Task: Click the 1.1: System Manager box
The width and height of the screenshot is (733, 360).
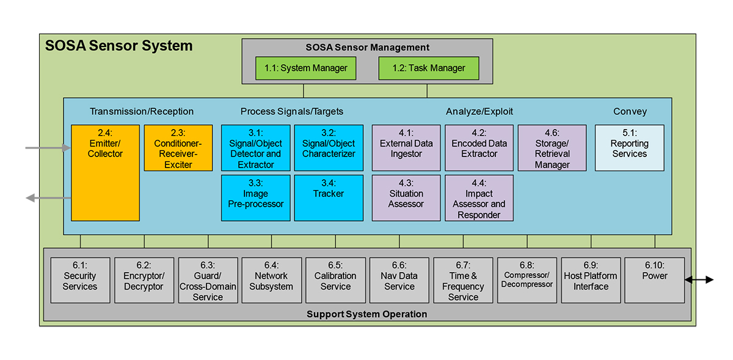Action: [305, 68]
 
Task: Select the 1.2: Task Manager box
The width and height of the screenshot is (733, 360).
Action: [428, 68]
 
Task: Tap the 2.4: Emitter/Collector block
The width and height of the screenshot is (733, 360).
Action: [106, 172]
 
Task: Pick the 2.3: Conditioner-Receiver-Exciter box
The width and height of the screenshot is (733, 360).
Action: [178, 148]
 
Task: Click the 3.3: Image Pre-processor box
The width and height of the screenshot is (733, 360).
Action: [255, 197]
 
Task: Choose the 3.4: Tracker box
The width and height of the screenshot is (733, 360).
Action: [329, 197]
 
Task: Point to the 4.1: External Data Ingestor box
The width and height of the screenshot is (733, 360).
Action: [406, 148]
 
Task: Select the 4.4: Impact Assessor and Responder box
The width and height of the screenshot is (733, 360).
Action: [479, 197]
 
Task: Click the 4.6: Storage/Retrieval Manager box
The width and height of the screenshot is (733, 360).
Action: [552, 148]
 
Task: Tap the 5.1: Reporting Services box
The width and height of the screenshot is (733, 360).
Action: [629, 148]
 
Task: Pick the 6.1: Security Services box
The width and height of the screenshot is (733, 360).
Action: [80, 280]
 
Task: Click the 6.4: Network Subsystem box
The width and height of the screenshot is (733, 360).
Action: [271, 280]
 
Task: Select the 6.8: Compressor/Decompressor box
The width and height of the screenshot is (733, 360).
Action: [527, 280]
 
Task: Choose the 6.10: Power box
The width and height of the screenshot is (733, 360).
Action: [654, 280]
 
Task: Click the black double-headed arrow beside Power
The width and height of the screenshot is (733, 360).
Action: [699, 280]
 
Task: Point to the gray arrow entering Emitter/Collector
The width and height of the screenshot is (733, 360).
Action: [48, 148]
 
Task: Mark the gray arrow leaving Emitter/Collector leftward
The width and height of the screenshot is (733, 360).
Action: [48, 197]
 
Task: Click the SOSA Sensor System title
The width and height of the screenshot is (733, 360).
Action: [119, 46]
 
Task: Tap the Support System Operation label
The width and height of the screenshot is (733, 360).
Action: [366, 314]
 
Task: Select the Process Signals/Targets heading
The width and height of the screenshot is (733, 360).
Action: [292, 111]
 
